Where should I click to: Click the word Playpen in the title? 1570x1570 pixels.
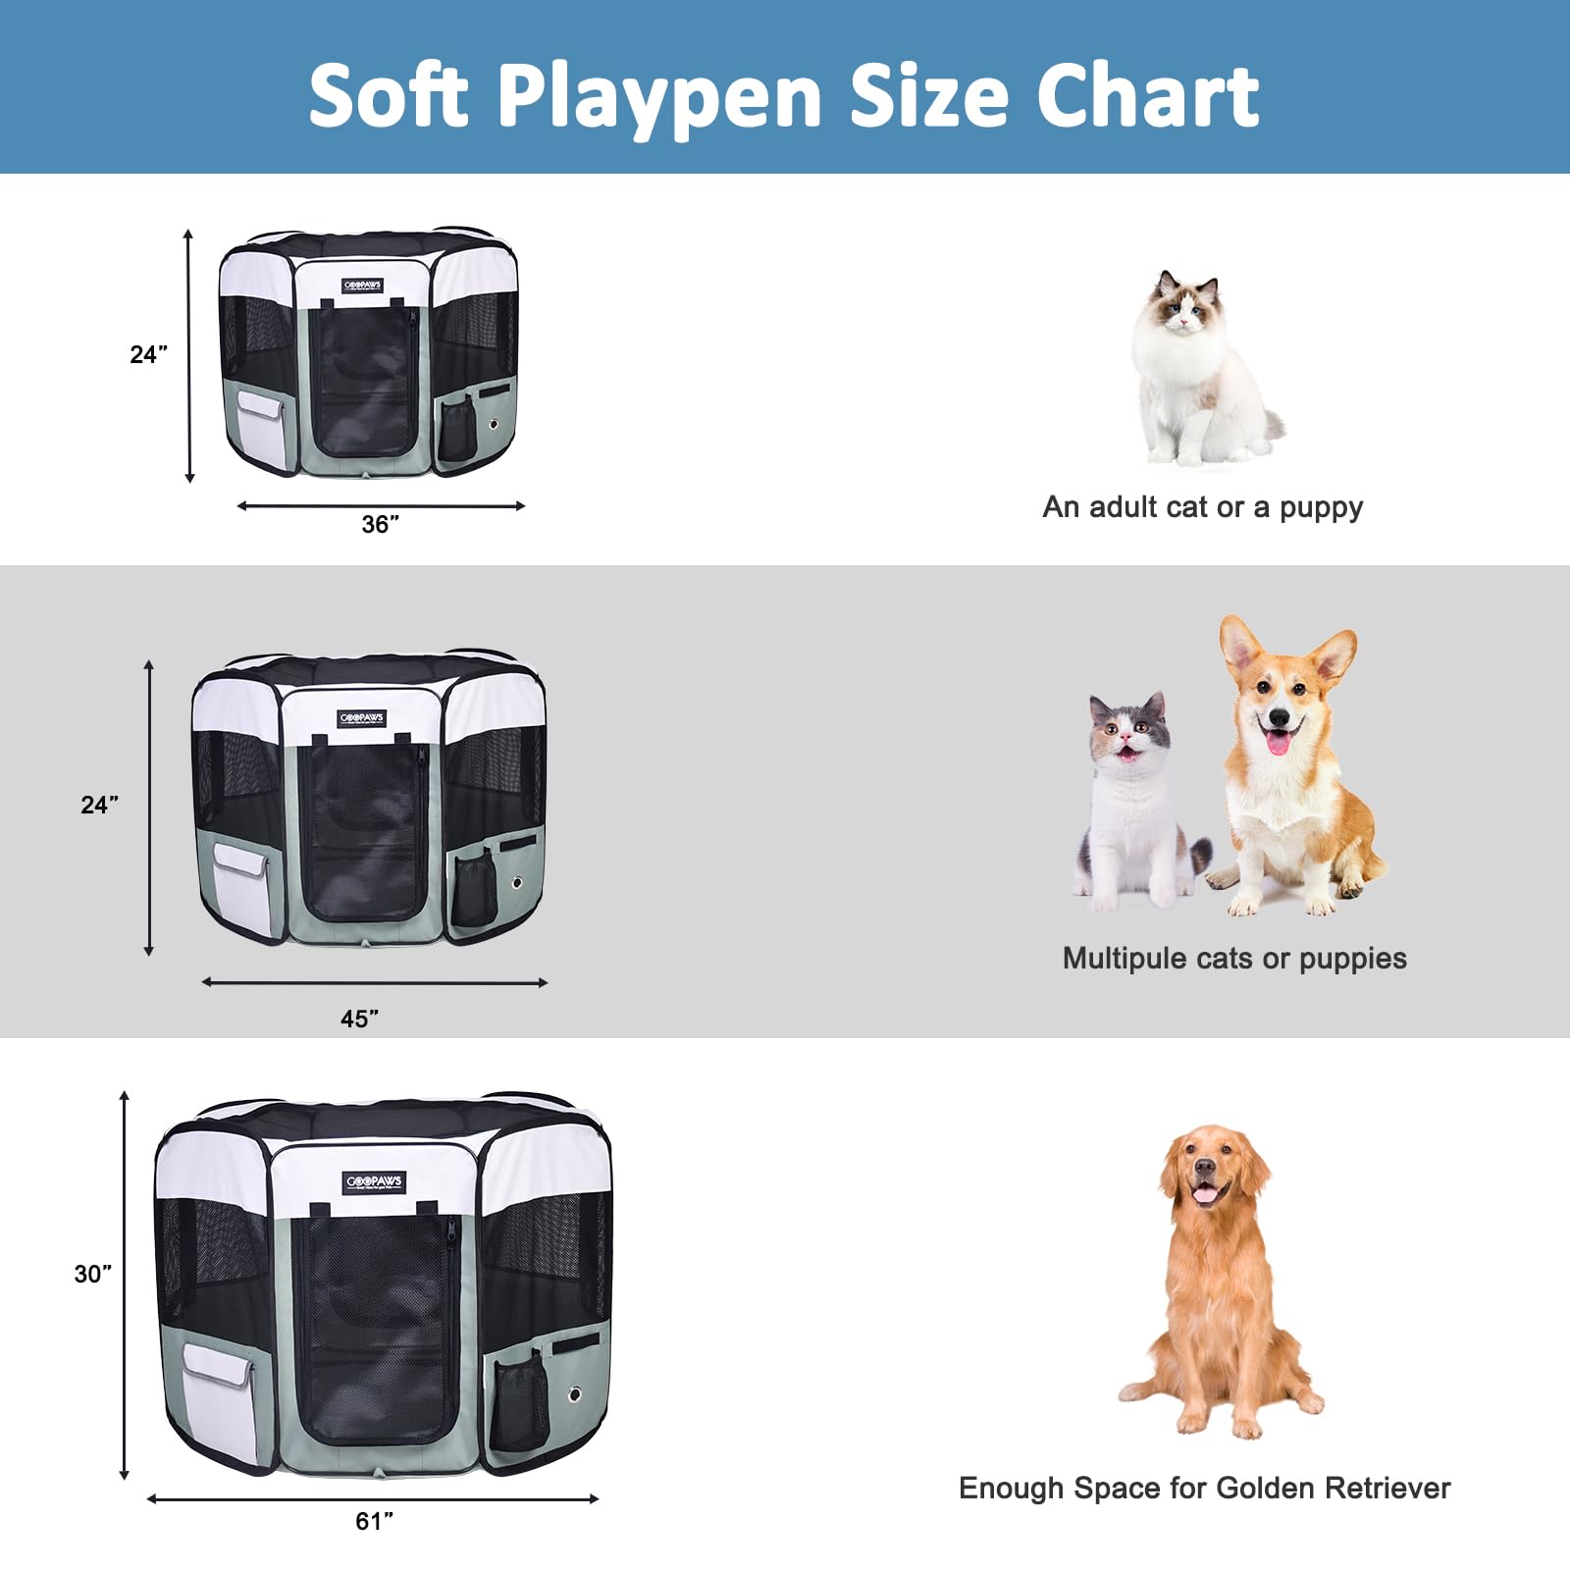[x=658, y=98]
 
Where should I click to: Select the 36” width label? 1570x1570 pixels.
[x=380, y=525]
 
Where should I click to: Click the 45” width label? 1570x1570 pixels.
[x=360, y=1019]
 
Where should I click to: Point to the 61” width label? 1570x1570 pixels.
[x=374, y=1521]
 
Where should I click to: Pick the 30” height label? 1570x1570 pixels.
[x=93, y=1274]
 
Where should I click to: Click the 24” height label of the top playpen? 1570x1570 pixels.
[x=148, y=354]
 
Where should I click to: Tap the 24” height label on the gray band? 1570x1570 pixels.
[x=99, y=805]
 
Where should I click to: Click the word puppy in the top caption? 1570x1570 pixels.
[x=1321, y=508]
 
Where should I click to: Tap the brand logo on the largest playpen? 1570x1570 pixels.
[x=374, y=1181]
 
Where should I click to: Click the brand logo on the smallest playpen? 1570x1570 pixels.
[x=362, y=286]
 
